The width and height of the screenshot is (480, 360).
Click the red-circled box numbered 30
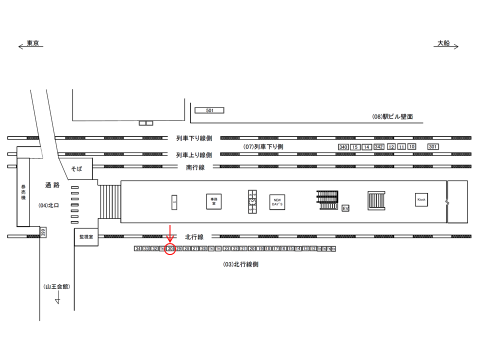[x=170, y=248]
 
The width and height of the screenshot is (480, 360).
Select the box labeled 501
[x=209, y=110]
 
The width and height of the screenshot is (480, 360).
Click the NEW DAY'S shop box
[x=277, y=202]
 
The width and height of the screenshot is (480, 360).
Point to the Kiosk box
[x=421, y=200]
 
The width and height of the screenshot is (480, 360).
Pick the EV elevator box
[x=345, y=207]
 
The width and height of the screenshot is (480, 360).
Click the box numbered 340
[x=343, y=147]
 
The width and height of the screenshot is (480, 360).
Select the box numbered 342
[x=378, y=147]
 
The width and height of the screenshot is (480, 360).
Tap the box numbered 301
[x=433, y=146]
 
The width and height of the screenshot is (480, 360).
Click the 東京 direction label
[x=33, y=43]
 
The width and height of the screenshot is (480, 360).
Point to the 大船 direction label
[x=443, y=43]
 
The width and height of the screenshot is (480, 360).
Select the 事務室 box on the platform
[x=213, y=201]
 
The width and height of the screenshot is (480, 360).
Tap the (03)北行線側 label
[x=240, y=264]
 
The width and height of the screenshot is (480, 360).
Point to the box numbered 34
[x=138, y=248]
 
